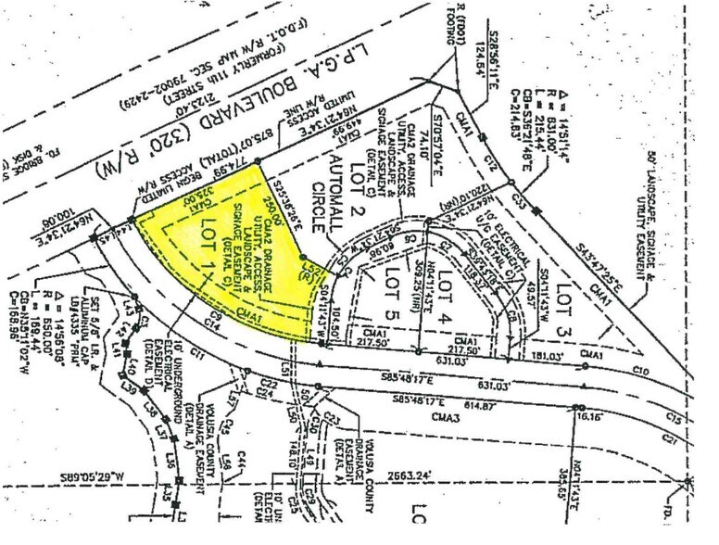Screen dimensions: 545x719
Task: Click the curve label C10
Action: coord(638,370)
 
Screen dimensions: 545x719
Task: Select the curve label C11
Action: coord(196,353)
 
